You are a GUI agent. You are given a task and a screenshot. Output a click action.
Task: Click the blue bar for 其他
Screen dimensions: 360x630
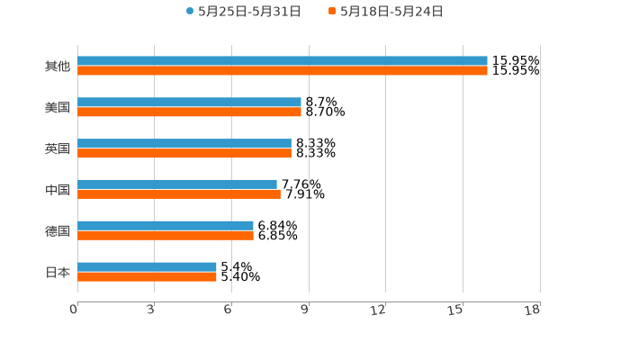click(x=283, y=61)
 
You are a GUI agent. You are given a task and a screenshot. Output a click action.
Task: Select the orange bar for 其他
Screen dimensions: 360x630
click(x=283, y=70)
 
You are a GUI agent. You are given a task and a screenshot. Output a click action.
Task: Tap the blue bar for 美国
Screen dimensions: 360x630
click(x=189, y=103)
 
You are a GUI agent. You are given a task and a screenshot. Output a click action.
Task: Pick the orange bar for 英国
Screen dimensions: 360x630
click(x=184, y=154)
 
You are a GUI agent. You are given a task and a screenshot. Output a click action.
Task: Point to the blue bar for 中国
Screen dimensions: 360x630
click(x=177, y=184)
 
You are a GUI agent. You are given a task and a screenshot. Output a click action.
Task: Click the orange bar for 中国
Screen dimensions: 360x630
click(x=179, y=193)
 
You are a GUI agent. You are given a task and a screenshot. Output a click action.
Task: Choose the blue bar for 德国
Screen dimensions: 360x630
click(x=166, y=225)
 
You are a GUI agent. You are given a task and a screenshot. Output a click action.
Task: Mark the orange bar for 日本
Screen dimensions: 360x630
click(x=147, y=276)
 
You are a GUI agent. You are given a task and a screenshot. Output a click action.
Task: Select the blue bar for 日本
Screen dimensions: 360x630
click(x=147, y=266)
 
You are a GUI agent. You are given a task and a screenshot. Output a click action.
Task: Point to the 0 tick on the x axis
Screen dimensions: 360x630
click(x=75, y=310)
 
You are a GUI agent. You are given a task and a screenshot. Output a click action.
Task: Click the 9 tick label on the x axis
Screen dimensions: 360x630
click(x=306, y=310)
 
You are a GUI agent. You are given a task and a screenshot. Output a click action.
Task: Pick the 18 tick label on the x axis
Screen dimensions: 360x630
click(x=533, y=310)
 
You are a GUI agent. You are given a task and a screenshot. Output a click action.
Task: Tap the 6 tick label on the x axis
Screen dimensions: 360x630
click(x=229, y=310)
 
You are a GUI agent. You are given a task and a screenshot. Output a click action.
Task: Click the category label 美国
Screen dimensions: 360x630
click(x=58, y=108)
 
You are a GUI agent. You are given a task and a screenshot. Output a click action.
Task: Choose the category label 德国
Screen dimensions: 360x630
click(x=58, y=230)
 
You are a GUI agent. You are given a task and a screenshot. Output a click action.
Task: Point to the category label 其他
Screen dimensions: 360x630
click(x=58, y=67)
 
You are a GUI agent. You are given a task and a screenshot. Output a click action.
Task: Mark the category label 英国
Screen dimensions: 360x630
click(x=58, y=148)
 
